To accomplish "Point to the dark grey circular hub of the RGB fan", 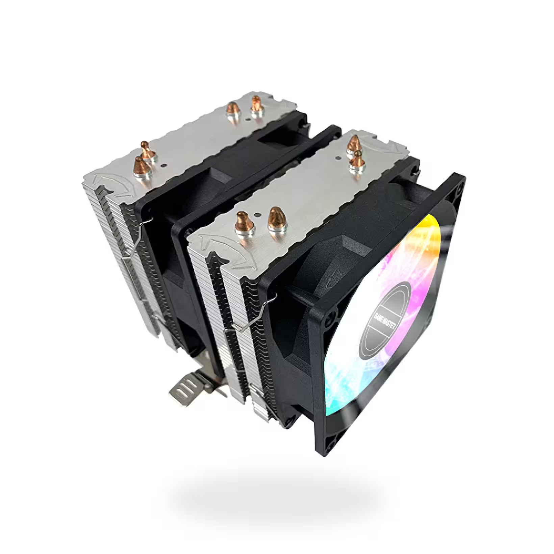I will tap(385, 321).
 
